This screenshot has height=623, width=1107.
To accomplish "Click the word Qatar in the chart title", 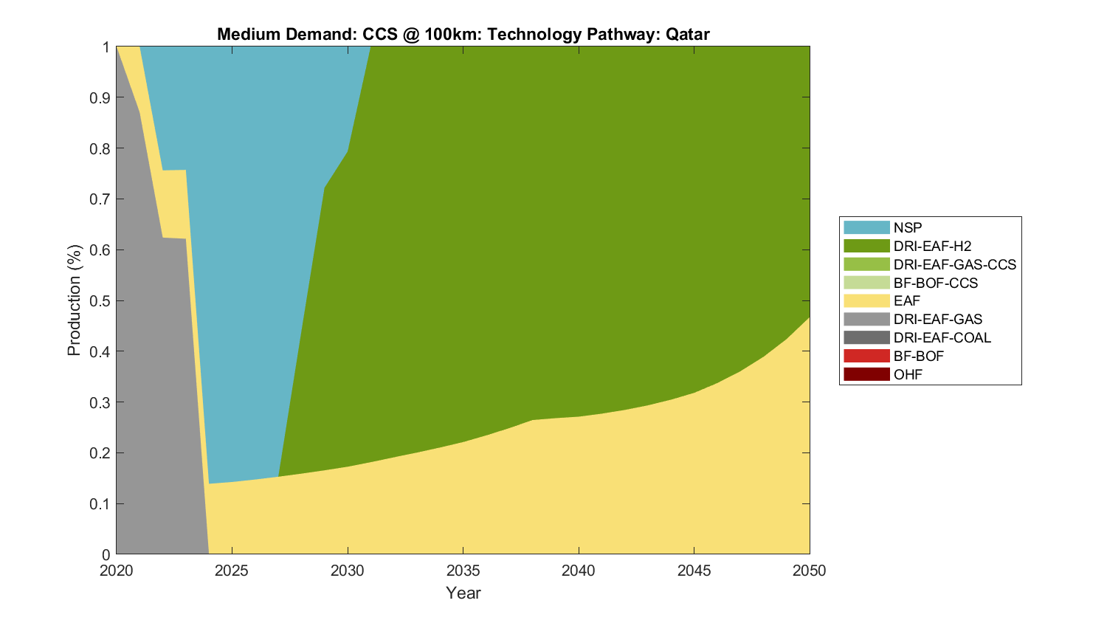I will pos(687,34).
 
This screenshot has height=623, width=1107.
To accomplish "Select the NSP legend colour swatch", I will pos(866,227).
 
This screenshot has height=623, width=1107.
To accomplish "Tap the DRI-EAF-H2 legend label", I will pos(932,246).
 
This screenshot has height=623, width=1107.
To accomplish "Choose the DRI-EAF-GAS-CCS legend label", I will pos(954,264).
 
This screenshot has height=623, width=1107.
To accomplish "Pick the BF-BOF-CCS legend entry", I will pos(935,283).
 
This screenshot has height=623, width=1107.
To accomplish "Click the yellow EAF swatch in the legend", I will pos(866,300).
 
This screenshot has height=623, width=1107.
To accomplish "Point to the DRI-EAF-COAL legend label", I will pos(942,337).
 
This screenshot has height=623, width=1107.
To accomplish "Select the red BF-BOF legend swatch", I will pos(866,356).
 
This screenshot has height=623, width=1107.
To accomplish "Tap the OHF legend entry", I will pos(908,374).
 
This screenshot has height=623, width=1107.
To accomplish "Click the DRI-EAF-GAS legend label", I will pos(937,319).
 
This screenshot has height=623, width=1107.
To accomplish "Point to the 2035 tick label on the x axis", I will pos(463,571).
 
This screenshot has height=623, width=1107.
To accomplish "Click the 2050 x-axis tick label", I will pos(810,571).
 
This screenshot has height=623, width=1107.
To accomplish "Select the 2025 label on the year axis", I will pos(232,571).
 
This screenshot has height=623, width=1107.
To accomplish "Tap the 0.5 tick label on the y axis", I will pos(101,301).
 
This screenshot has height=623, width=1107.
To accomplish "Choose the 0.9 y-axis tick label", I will pos(101,98).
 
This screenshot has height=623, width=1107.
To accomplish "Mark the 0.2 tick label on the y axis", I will pos(101,453).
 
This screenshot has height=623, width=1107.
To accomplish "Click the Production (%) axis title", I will pos(75,300).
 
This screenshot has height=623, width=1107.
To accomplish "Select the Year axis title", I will pos(463,593).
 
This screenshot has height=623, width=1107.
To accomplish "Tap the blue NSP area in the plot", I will pos(251,258).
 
